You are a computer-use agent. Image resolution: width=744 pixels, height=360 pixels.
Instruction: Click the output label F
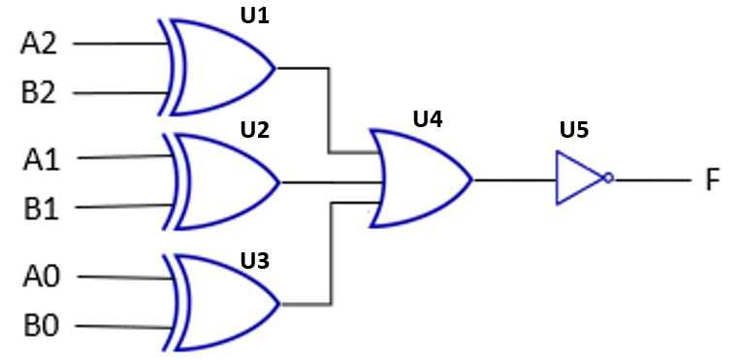712,180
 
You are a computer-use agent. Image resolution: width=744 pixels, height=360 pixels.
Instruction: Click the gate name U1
253,17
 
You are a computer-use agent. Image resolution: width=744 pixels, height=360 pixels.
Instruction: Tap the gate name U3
253,260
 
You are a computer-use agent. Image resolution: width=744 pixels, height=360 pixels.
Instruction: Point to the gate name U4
427,120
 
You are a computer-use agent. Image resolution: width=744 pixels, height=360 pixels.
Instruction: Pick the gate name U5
573,130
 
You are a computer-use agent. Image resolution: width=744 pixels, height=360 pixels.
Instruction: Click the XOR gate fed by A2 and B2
221,68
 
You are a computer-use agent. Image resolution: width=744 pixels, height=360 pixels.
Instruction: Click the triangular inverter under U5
577,180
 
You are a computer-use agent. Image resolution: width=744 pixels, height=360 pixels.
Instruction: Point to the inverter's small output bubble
607,180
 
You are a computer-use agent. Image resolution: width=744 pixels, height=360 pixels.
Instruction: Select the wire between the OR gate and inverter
512,180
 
